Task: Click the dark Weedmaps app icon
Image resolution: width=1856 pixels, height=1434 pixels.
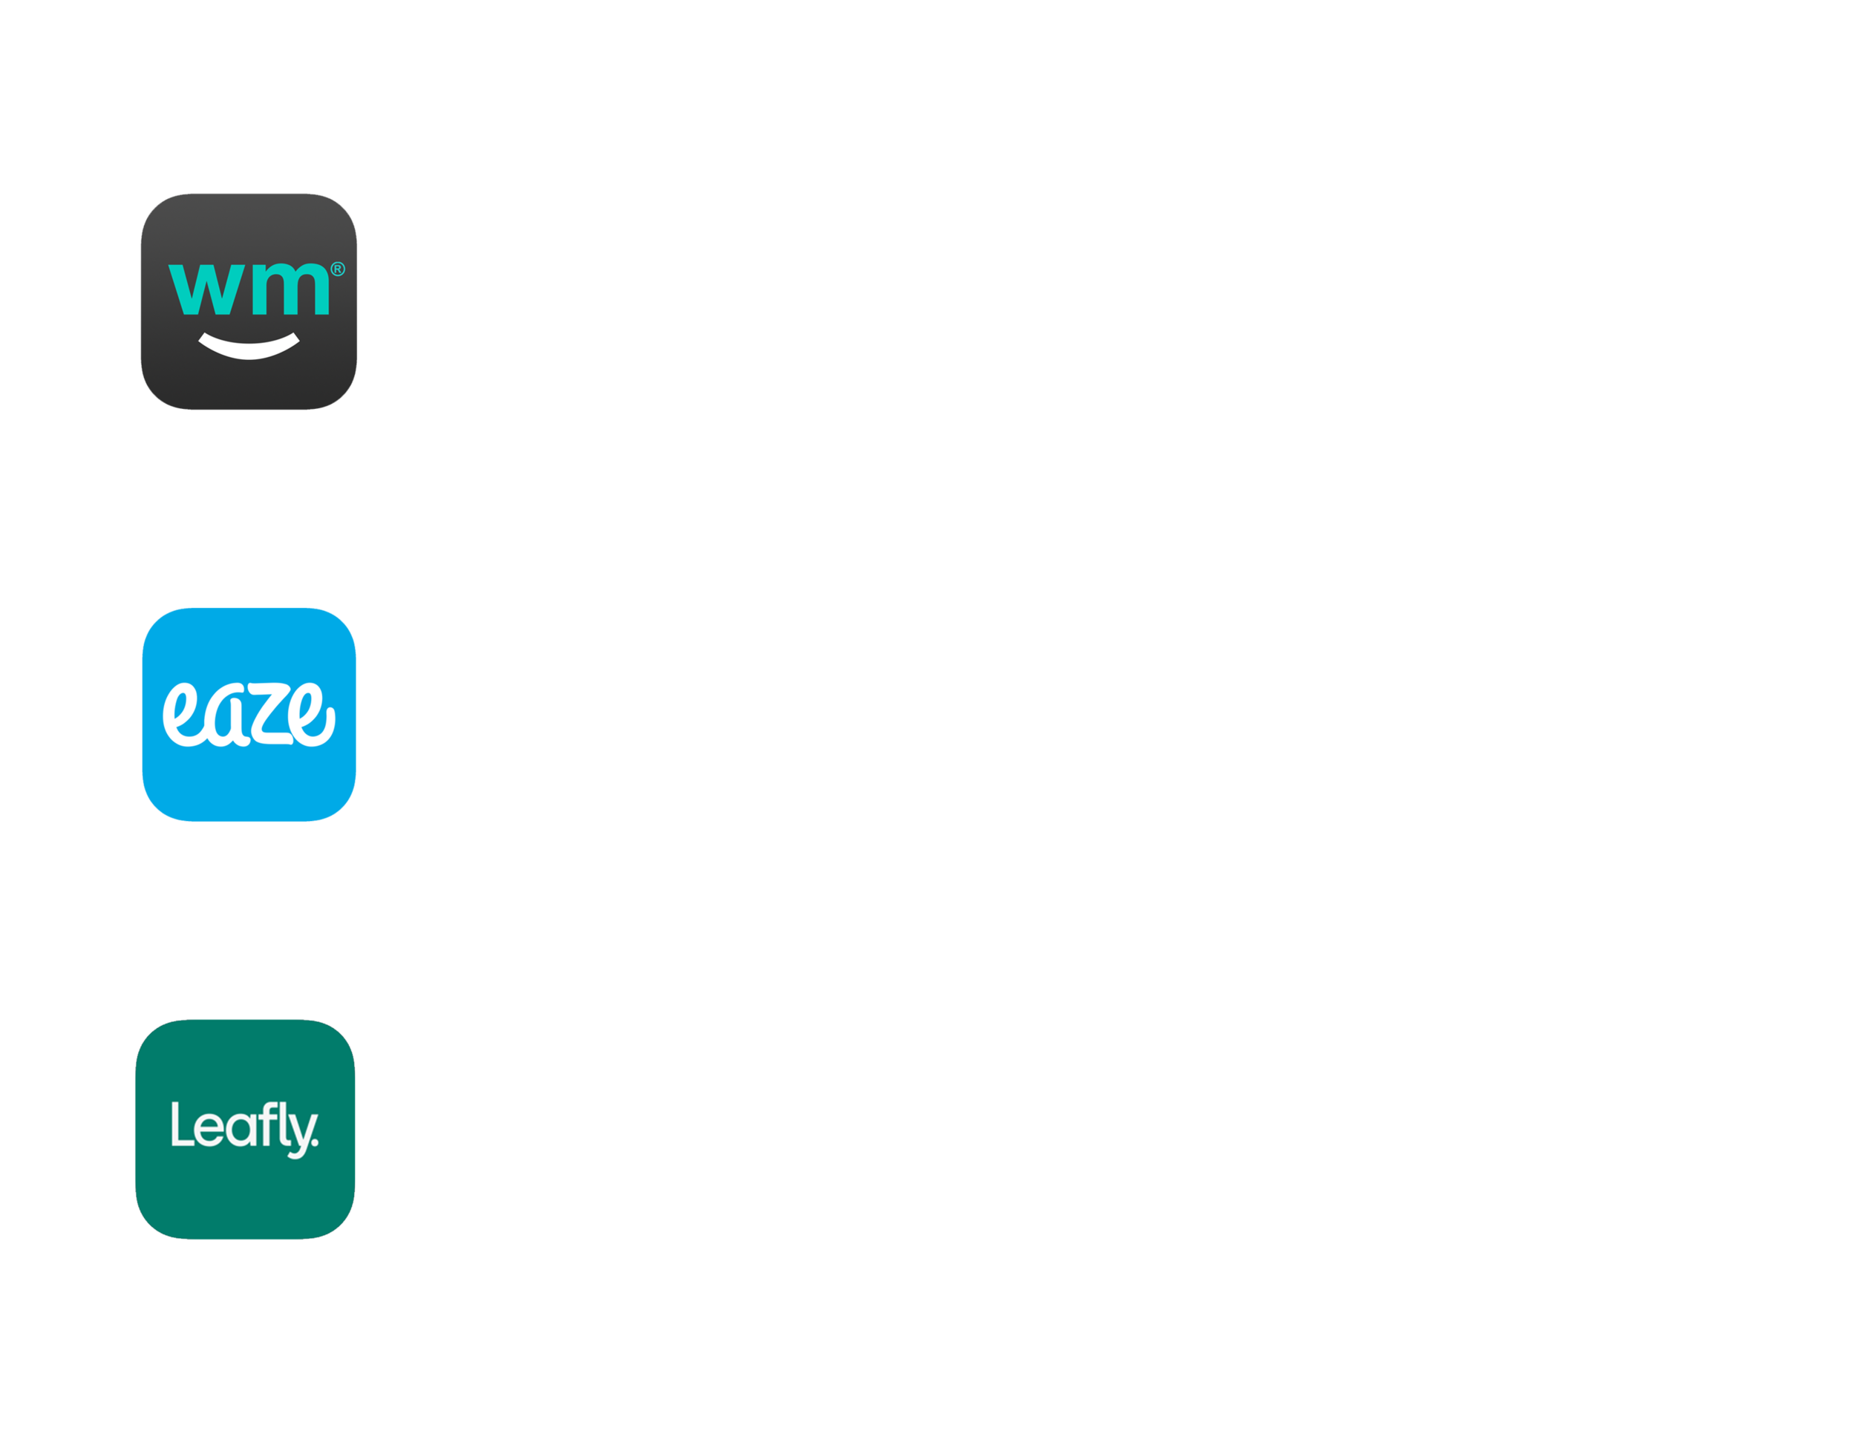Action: pos(249,301)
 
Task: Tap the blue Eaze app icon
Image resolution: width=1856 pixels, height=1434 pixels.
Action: pos(249,715)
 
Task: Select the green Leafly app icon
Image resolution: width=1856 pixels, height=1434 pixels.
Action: pos(245,1129)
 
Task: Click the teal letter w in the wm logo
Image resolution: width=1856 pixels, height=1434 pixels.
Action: pos(206,289)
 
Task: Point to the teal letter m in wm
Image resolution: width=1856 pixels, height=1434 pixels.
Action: pos(290,289)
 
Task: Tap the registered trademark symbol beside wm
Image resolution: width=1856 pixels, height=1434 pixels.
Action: pos(337,269)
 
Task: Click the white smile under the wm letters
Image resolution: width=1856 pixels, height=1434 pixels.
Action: pos(249,347)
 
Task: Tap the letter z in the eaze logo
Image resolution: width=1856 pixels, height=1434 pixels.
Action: pos(271,713)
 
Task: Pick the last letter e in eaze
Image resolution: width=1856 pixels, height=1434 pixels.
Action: pos(312,715)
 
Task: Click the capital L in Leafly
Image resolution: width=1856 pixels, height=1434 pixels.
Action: pos(183,1124)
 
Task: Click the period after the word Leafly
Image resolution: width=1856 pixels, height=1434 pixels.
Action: pos(316,1142)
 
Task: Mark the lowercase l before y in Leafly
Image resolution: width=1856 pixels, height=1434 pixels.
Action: pos(283,1124)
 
